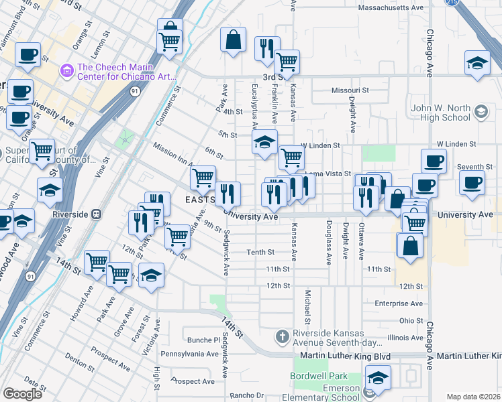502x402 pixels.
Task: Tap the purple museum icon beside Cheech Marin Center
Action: coord(66,70)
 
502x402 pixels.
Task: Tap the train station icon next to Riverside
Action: coord(97,214)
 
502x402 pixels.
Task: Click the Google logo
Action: coord(23,394)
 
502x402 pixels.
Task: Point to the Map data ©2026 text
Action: coord(473,397)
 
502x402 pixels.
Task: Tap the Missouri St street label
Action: coord(350,90)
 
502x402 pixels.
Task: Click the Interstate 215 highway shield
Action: coord(450,3)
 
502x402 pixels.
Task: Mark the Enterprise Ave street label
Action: coord(399,304)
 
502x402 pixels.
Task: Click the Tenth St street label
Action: coord(261,253)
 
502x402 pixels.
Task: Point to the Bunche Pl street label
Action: coord(199,340)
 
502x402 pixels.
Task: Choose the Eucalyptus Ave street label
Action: coord(254,107)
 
